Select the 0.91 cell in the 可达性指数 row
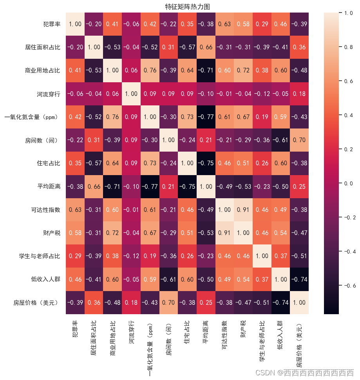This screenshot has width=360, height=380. [243, 210]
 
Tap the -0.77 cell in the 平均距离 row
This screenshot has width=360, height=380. [150, 186]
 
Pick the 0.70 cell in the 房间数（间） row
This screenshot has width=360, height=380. [299, 140]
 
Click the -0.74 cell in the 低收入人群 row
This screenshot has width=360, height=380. [299, 279]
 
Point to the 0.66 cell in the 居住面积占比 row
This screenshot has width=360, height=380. [206, 47]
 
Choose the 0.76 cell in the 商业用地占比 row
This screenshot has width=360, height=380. [150, 71]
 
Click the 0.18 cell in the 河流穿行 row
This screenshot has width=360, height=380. [299, 94]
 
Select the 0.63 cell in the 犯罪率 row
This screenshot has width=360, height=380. [224, 24]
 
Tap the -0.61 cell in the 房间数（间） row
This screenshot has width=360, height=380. [280, 140]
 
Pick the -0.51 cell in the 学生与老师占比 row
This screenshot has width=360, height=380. [299, 256]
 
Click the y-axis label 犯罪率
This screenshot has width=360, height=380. [52, 24]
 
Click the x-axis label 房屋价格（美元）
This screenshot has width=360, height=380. [299, 341]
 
